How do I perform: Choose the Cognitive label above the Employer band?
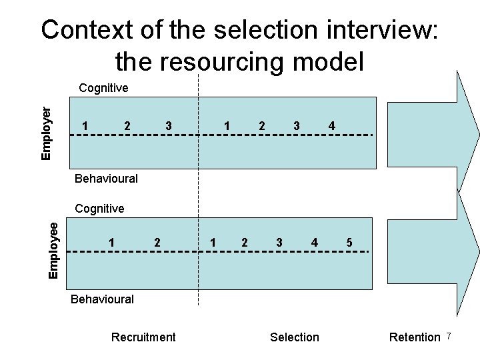[103, 88]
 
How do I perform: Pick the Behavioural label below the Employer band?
[107, 179]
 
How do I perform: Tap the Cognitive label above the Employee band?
[100, 209]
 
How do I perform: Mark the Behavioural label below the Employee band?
[103, 299]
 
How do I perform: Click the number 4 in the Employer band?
[332, 126]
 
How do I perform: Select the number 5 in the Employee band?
[349, 243]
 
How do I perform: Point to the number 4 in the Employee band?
[314, 243]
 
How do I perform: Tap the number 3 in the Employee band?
[279, 243]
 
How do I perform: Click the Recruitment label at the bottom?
[143, 337]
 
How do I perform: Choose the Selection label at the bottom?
[295, 337]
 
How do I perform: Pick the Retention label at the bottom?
[415, 337]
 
